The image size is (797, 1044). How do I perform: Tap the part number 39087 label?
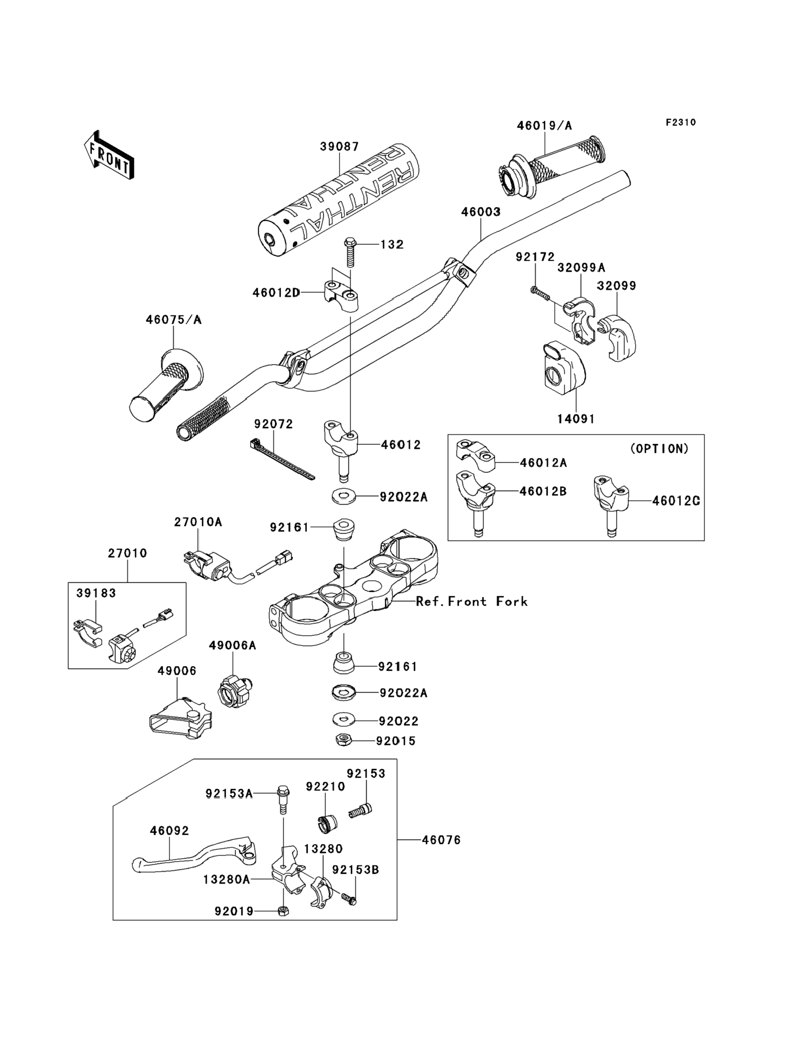pyautogui.click(x=339, y=147)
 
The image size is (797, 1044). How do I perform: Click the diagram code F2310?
pyautogui.click(x=680, y=123)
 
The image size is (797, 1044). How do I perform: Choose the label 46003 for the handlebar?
pyautogui.click(x=480, y=212)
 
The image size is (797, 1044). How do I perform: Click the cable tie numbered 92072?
pyautogui.click(x=282, y=459)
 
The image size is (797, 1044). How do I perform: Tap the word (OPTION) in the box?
pyautogui.click(x=659, y=449)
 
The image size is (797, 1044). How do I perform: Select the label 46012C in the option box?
pyautogui.click(x=676, y=501)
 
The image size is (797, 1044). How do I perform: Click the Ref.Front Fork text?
pyautogui.click(x=472, y=601)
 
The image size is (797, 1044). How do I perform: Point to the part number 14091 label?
pyautogui.click(x=576, y=419)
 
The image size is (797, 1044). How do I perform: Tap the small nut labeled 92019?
pyautogui.click(x=283, y=911)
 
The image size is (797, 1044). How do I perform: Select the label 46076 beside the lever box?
pyautogui.click(x=441, y=840)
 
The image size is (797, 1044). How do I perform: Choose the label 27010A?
pyautogui.click(x=198, y=522)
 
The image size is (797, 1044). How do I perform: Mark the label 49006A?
pyautogui.click(x=232, y=645)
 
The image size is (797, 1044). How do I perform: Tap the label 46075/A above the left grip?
pyautogui.click(x=174, y=320)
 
